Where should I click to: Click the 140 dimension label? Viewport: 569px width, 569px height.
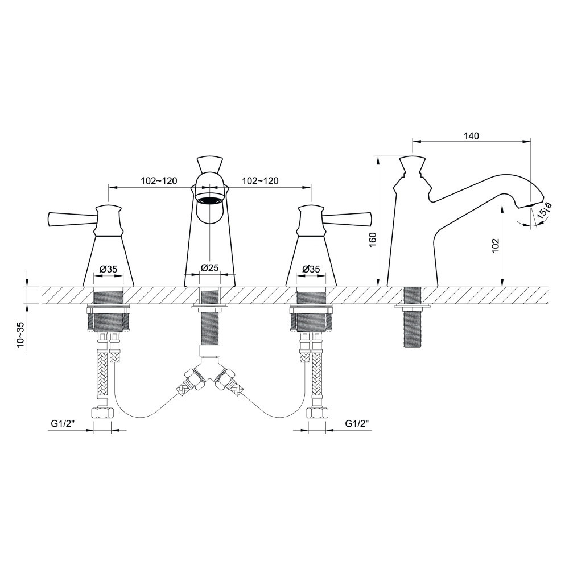[471, 136]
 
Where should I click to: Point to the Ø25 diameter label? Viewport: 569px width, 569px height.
[209, 268]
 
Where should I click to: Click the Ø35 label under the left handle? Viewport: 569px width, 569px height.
[108, 269]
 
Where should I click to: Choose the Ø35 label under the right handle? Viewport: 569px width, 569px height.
[311, 269]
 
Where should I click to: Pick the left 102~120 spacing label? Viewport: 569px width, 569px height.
[159, 180]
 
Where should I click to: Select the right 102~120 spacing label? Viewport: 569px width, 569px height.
[260, 180]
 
